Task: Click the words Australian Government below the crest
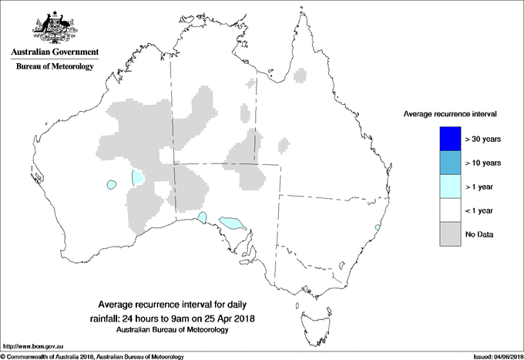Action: pyautogui.click(x=54, y=52)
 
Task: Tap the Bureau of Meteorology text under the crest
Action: pyautogui.click(x=54, y=67)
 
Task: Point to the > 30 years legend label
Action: pyautogui.click(x=484, y=140)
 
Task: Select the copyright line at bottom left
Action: pyautogui.click(x=92, y=356)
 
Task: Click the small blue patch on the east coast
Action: pyautogui.click(x=377, y=227)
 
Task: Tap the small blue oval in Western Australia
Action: pyautogui.click(x=112, y=184)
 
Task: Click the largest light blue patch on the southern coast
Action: pyautogui.click(x=232, y=223)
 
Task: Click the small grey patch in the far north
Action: pyautogui.click(x=301, y=76)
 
